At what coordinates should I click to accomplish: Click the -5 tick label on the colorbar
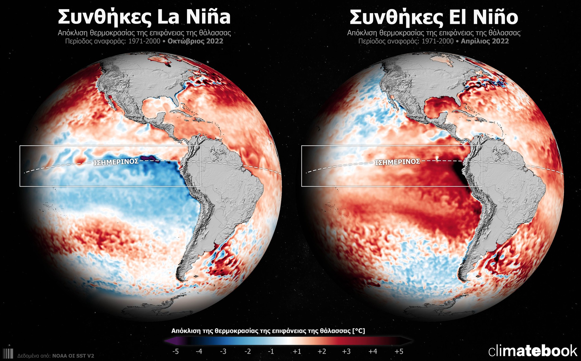coord(176,352)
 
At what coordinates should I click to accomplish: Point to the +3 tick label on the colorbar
coord(346,352)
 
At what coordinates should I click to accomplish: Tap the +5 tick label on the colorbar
coord(399,352)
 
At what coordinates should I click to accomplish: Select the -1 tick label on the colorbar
coord(271,352)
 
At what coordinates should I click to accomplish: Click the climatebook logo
coord(532,351)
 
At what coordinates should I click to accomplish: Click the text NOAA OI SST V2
coord(73,356)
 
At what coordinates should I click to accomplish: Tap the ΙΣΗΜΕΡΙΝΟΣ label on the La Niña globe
coord(116,162)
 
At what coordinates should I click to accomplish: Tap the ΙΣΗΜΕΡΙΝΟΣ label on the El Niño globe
coord(397,162)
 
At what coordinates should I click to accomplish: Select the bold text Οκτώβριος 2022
coord(195,41)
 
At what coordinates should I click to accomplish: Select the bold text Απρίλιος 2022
coord(485,41)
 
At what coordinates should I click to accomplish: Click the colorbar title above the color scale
coord(268,331)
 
